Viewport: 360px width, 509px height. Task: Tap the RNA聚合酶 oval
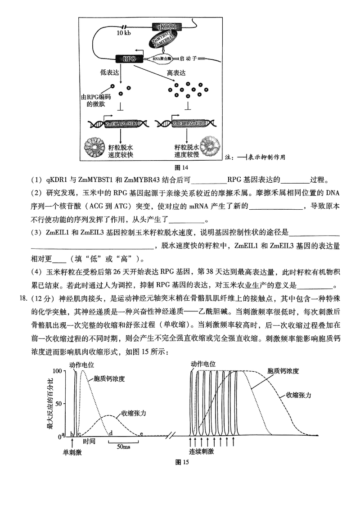[x=162, y=59]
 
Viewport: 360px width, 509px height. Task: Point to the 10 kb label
[x=124, y=33]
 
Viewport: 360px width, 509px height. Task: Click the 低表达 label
[x=108, y=72]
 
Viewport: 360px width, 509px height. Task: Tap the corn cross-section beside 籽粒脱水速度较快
[x=95, y=147]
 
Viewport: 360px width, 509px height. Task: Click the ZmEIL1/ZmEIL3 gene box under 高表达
[x=189, y=123]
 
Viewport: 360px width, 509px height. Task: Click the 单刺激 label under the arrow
[x=72, y=453]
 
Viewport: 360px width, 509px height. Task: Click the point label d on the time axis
[x=111, y=433]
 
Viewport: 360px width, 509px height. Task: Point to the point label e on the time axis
[x=141, y=433]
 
